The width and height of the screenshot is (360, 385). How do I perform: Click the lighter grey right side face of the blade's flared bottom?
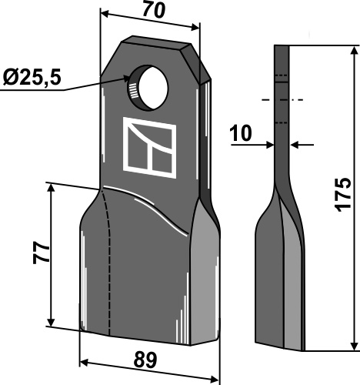(204, 277)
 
